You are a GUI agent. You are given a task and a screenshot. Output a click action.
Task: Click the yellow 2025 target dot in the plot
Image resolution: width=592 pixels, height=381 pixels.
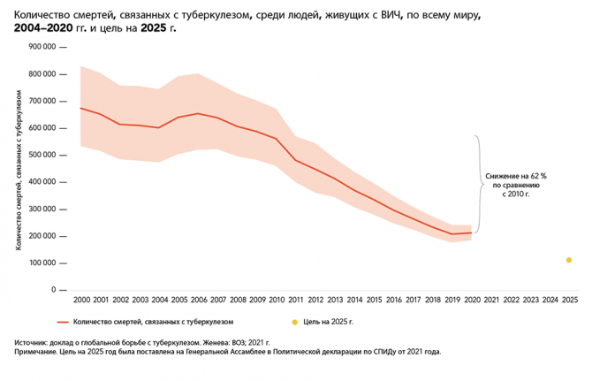(x=569, y=260)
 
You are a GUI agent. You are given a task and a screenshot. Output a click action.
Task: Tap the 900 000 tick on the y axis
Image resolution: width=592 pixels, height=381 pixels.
(x=41, y=47)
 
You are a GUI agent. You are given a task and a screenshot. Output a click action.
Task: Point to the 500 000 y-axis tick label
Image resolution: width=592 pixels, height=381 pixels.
(x=41, y=155)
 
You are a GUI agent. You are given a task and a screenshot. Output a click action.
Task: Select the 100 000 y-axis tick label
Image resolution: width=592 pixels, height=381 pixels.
(x=41, y=263)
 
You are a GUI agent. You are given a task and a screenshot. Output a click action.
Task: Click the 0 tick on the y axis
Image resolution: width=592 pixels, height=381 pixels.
(x=53, y=290)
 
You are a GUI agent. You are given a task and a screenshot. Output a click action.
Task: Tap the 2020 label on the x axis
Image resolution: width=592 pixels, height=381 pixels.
(x=471, y=301)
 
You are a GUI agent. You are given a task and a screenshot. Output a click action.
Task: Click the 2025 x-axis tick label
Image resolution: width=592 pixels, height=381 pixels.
(x=569, y=301)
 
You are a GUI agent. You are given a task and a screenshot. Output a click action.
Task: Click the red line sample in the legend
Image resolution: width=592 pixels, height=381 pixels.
(x=62, y=322)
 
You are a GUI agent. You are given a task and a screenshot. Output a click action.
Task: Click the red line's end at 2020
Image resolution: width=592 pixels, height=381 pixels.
(x=471, y=233)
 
